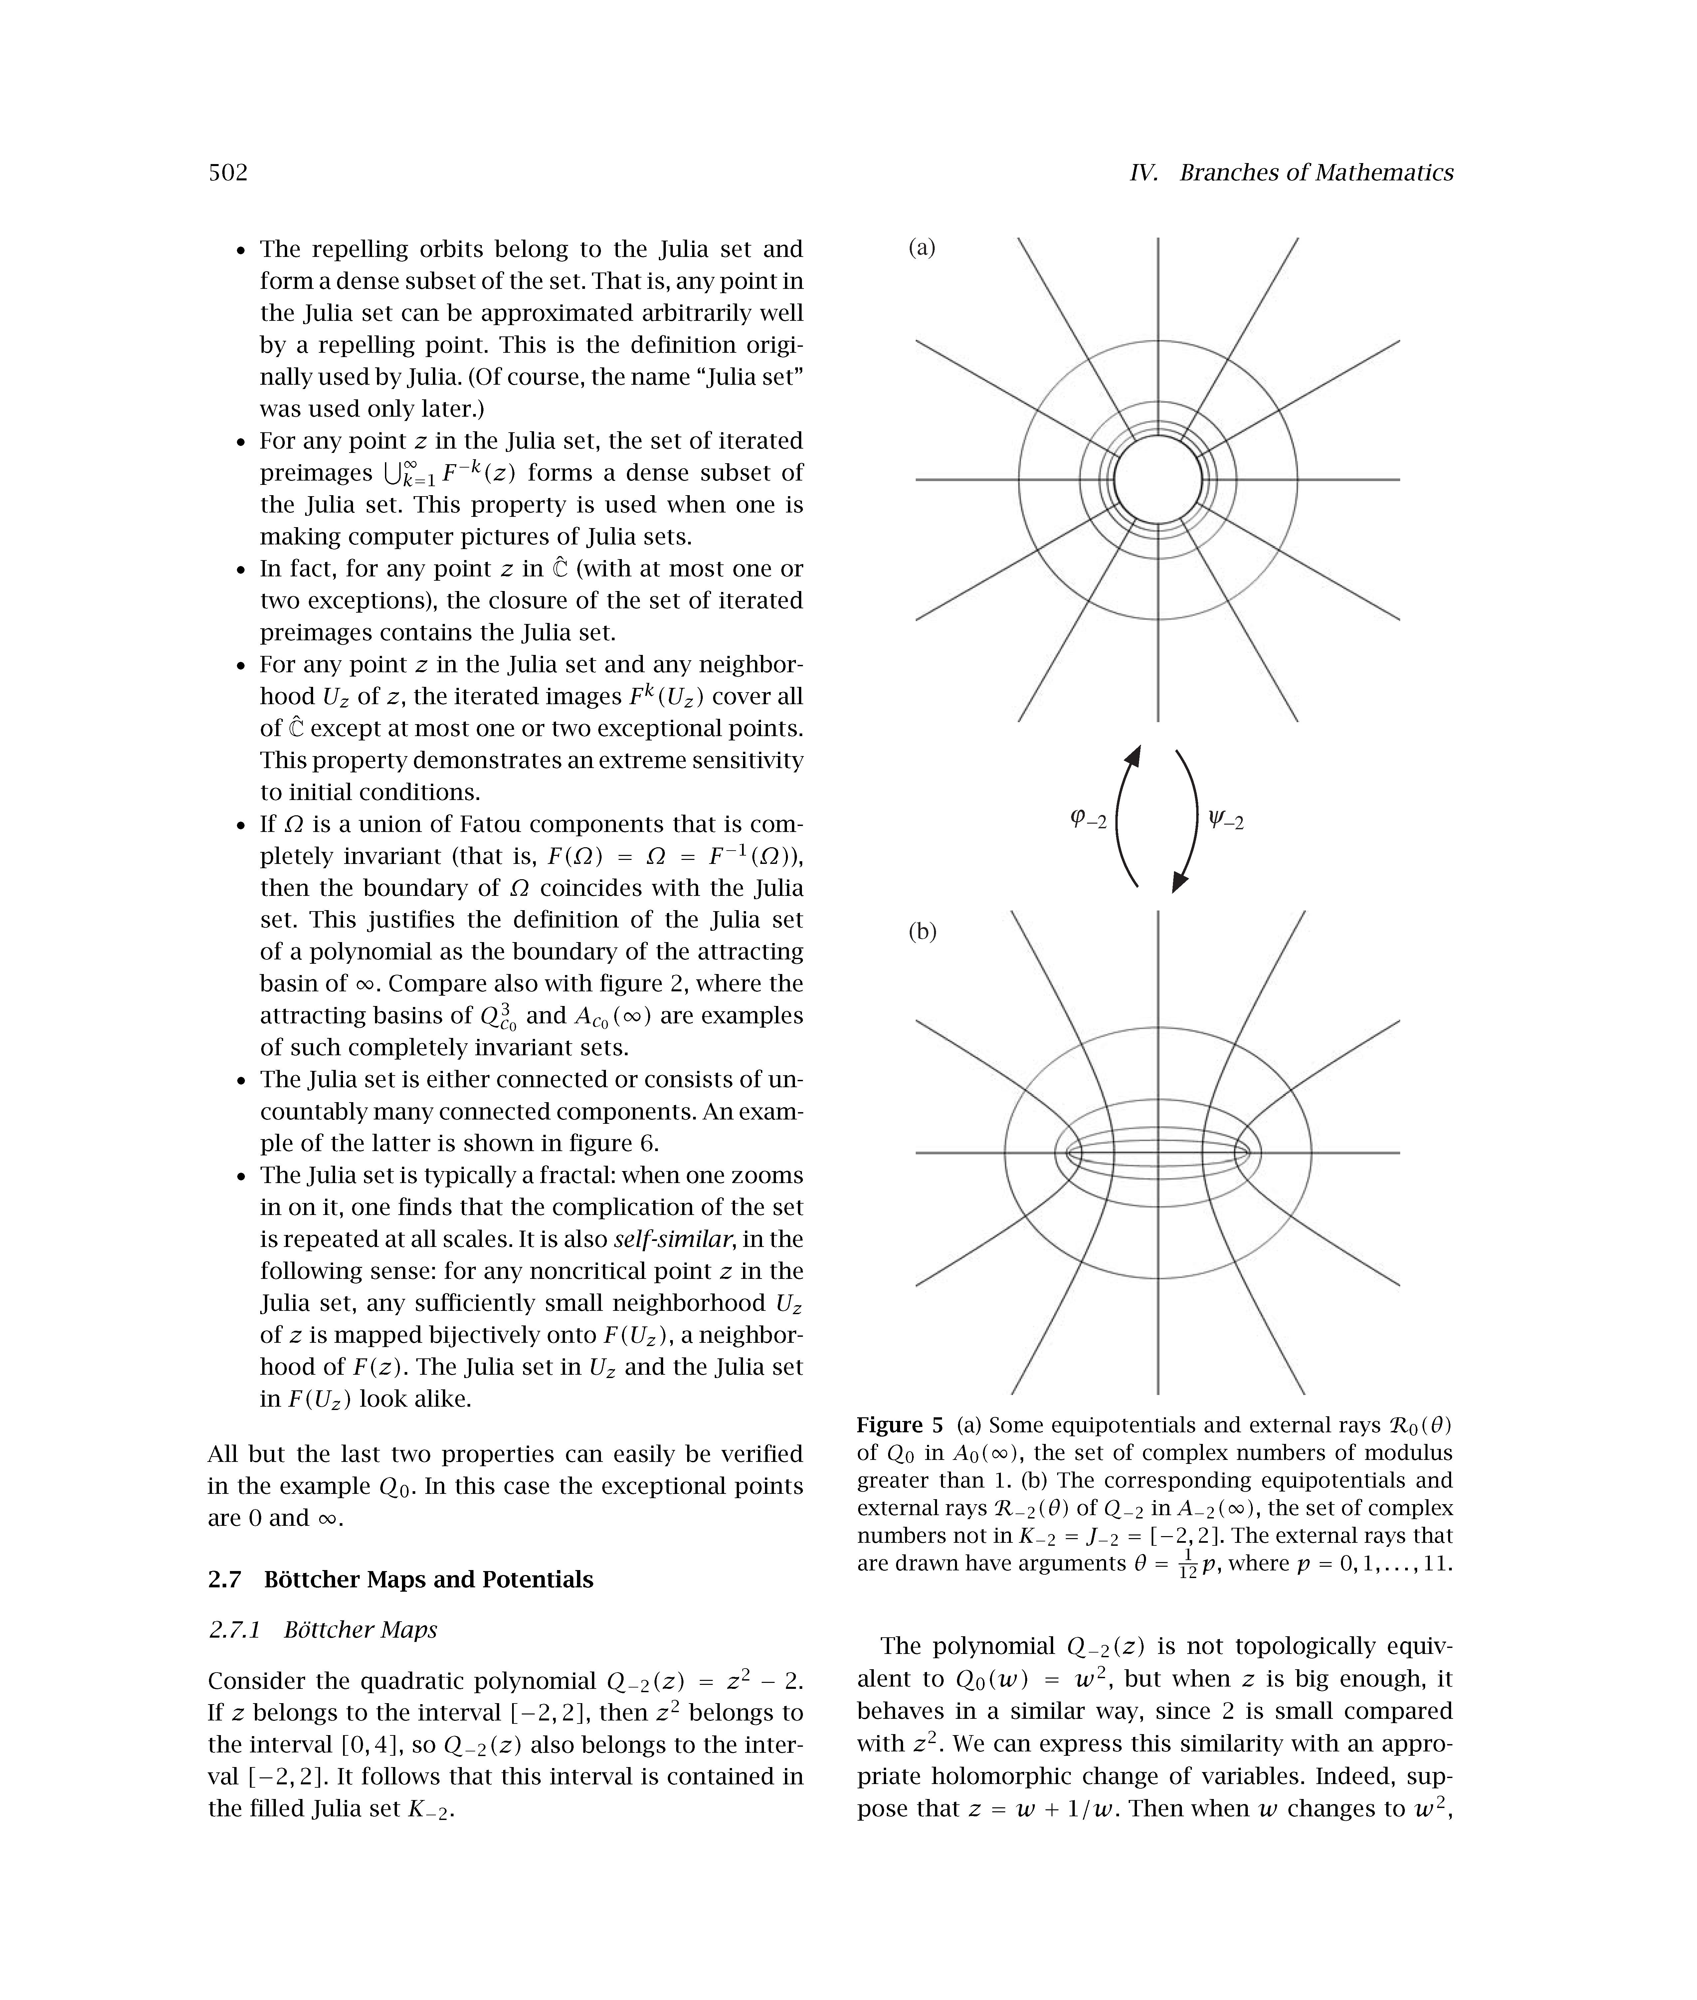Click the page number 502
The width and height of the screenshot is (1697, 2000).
228,173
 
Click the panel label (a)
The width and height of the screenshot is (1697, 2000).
922,248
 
